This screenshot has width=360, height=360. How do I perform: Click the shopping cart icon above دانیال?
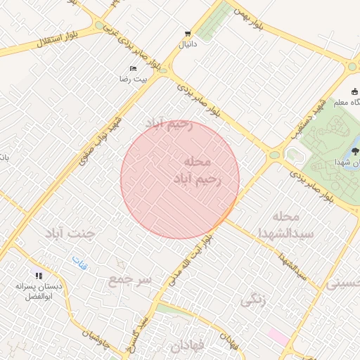187,33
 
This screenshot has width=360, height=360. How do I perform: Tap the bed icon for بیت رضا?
134,68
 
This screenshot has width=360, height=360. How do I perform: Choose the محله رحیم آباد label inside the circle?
197,169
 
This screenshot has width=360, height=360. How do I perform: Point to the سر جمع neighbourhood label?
131,280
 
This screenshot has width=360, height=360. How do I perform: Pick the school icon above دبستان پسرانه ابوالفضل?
39,276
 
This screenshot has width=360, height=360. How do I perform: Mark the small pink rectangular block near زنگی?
278,337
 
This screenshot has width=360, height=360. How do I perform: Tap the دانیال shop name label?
187,44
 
